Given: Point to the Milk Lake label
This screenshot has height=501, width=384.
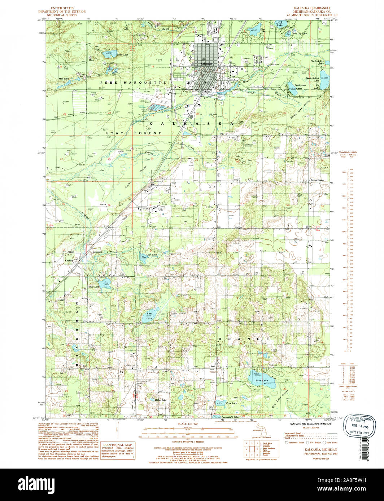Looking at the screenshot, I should click(64, 78).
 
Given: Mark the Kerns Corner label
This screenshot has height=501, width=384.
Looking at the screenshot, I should click(318, 180).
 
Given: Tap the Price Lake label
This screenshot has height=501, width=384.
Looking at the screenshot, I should click(231, 403).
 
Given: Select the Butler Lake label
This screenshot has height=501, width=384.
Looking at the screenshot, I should click(161, 400).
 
